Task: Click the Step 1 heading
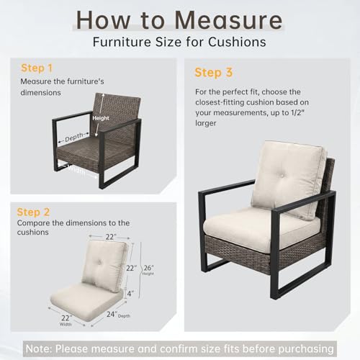37,68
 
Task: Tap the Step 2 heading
33,212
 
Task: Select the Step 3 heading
214,73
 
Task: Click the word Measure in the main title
228,20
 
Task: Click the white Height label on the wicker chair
101,118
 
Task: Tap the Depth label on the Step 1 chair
74,137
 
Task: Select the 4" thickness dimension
130,293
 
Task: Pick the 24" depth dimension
112,314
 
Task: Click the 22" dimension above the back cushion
111,237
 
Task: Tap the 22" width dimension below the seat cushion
66,318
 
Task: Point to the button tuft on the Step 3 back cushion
282,176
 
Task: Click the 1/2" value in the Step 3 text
297,112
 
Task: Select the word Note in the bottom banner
38,348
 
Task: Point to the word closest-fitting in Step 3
220,102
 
